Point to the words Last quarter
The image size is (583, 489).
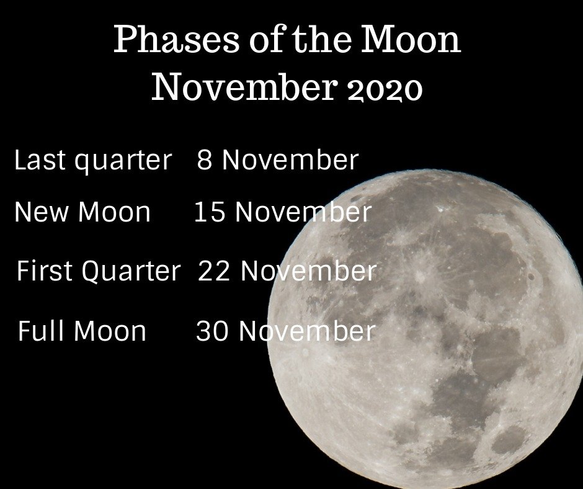click(92, 161)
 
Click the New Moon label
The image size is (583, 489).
click(82, 212)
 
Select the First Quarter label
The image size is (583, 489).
click(98, 271)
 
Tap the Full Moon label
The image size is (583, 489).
click(82, 331)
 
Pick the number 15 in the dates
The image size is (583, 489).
click(210, 212)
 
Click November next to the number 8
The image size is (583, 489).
click(290, 160)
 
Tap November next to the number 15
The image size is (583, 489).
click(303, 212)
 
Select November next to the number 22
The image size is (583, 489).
click(308, 271)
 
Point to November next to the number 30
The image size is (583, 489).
click(307, 331)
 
